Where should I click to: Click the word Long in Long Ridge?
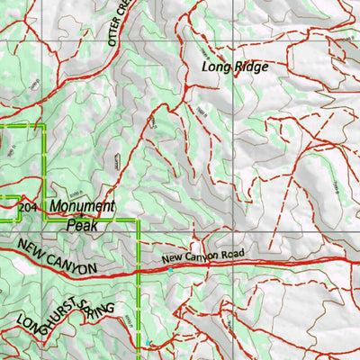217,67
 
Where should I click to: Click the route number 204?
29,207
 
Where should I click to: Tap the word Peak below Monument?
83,224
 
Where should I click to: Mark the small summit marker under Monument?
79,215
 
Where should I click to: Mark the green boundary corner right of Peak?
137,219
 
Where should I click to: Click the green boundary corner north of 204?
42,127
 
